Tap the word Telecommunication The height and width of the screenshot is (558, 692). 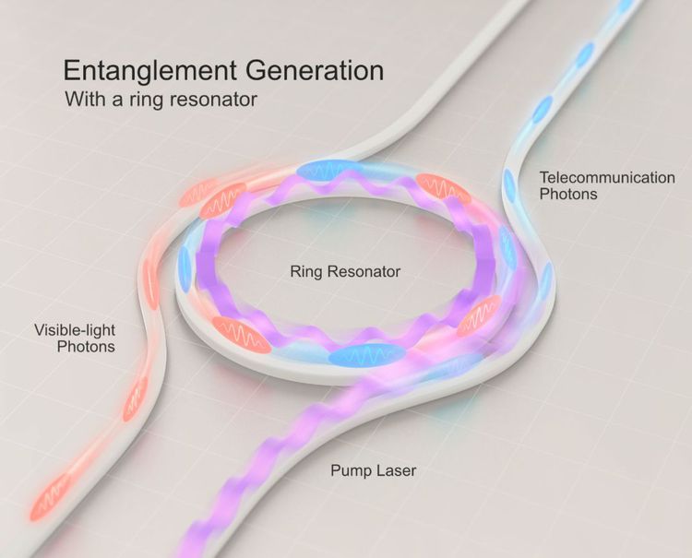pos(607,178)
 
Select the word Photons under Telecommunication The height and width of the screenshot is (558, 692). pos(568,194)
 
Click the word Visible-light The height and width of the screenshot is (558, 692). pos(75,330)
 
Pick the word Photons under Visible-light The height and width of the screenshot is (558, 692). pos(86,347)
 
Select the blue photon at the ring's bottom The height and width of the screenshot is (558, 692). pos(368,355)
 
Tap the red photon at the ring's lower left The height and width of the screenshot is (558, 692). pos(241,335)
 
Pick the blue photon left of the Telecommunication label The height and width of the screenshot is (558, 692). pos(509,183)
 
